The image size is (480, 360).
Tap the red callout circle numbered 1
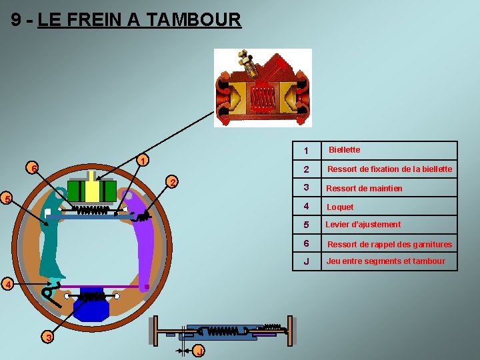click(142, 161)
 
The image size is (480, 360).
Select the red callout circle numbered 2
click(172, 183)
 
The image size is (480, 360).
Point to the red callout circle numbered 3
click(49, 338)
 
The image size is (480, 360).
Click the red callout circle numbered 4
click(7, 285)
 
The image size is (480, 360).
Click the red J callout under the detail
click(199, 351)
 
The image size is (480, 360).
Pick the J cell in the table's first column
click(306, 261)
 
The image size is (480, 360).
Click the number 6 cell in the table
click(306, 243)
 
